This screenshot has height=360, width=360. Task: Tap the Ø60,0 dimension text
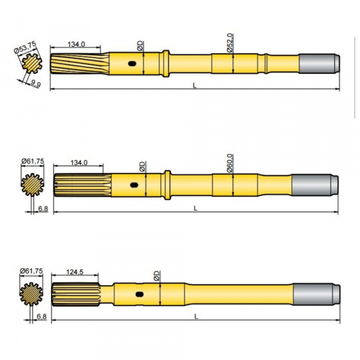pyautogui.click(x=230, y=161)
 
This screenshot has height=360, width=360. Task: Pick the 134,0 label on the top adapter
pyautogui.click(x=76, y=43)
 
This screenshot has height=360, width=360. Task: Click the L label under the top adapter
pyautogui.click(x=195, y=85)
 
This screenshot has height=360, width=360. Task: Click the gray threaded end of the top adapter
pyautogui.click(x=318, y=62)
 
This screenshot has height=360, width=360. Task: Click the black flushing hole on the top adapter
pyautogui.click(x=133, y=63)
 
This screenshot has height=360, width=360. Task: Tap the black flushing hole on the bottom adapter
pyautogui.click(x=140, y=294)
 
